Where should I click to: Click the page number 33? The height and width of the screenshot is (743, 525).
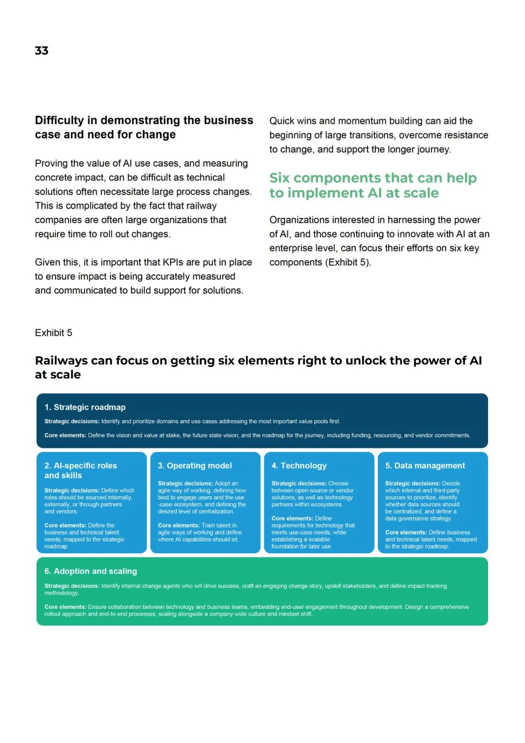(x=42, y=51)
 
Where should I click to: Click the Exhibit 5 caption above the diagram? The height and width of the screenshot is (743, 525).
(x=53, y=333)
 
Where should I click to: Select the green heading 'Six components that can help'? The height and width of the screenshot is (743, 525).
(x=373, y=178)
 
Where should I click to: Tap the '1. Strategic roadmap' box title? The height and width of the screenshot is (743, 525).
(x=85, y=407)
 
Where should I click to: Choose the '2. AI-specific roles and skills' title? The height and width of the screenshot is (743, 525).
(x=81, y=471)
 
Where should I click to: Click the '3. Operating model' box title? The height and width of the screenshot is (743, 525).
(x=195, y=466)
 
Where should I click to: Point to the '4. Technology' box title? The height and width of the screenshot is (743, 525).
(x=299, y=466)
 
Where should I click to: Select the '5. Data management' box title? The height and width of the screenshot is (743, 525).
(x=425, y=466)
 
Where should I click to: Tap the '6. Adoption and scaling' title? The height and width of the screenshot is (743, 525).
(x=91, y=571)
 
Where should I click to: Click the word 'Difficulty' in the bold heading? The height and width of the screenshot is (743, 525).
(x=59, y=121)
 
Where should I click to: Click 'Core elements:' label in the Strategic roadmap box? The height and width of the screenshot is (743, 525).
(x=65, y=435)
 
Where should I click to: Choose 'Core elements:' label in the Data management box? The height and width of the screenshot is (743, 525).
(x=406, y=533)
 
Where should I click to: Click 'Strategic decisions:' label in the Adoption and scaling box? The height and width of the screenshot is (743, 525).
(x=72, y=586)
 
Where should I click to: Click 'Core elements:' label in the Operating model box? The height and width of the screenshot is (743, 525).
(x=178, y=526)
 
